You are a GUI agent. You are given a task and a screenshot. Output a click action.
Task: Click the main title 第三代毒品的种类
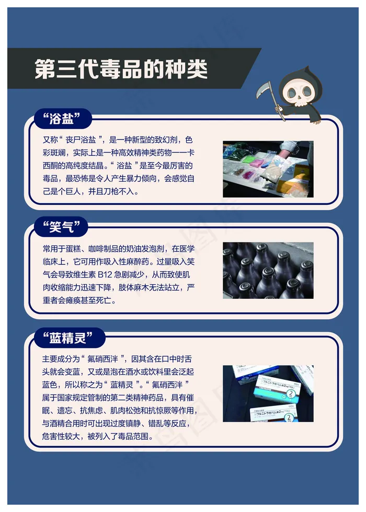point(121,69)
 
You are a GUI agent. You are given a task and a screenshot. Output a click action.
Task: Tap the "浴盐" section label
point(62,118)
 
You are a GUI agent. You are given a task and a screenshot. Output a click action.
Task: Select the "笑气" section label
point(62,226)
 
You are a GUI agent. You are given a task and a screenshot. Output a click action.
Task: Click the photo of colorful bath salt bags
point(268,169)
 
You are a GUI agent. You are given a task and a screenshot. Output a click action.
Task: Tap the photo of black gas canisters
point(268,271)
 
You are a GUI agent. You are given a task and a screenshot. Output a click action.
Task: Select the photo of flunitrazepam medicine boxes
point(268,393)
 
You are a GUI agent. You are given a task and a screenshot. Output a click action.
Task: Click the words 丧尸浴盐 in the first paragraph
point(81,140)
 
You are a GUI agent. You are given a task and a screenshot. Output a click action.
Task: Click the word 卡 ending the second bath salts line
point(191,153)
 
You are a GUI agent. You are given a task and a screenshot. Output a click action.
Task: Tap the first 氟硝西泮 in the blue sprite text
point(102,359)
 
